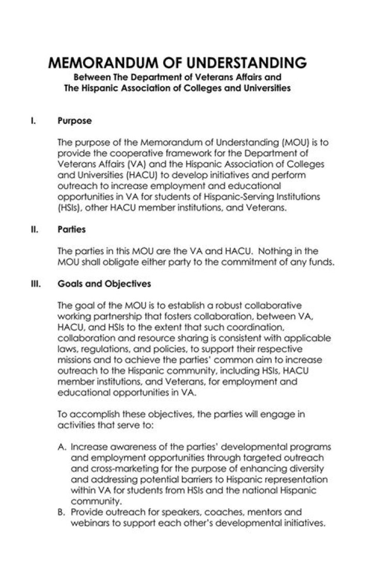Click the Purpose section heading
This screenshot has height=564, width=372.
tap(74, 121)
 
